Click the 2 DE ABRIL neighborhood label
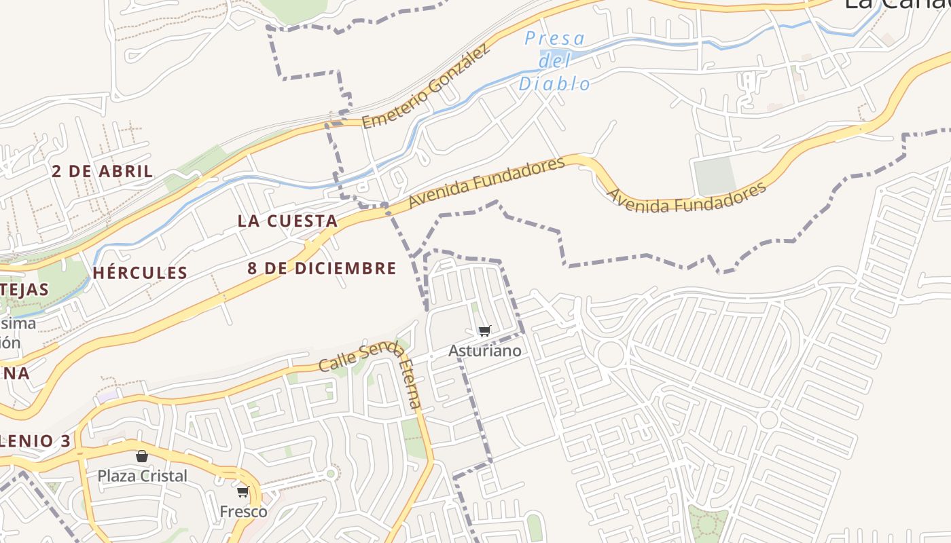[x=103, y=171]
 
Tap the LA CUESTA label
[x=287, y=221]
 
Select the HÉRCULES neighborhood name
[x=140, y=273]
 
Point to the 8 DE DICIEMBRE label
[x=321, y=268]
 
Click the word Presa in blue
[x=554, y=39]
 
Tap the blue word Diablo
[x=554, y=83]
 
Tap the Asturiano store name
[x=485, y=351]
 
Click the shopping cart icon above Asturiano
[x=484, y=331]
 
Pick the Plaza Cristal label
[x=142, y=476]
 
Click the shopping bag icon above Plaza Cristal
[x=142, y=456]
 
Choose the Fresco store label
[x=243, y=511]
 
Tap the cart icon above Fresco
[x=243, y=491]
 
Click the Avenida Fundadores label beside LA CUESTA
[x=486, y=183]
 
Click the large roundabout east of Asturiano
[x=611, y=354]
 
